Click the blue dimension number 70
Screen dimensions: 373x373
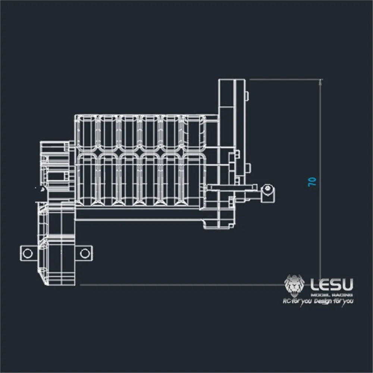312,182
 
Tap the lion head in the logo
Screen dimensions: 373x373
295,285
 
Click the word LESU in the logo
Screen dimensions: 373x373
331,285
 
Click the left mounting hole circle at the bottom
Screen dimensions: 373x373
28,253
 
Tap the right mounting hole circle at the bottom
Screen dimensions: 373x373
85,253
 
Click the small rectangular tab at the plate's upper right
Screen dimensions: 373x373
247,95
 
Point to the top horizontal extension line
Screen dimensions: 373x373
283,79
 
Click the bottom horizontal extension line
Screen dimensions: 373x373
179,285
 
